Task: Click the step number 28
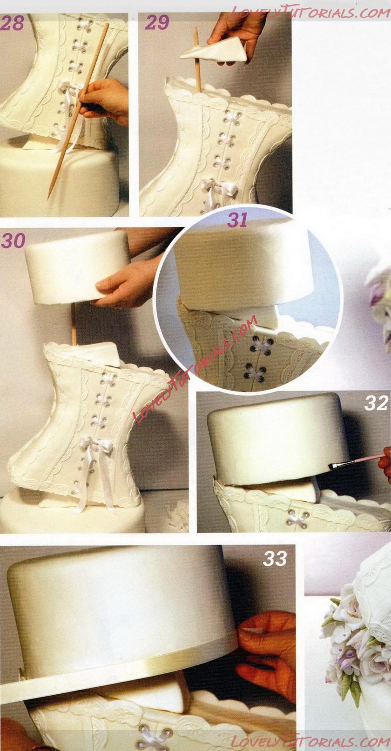coord(13,23)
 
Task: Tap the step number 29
coord(157,22)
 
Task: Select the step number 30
coord(13,240)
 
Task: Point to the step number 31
coord(237,220)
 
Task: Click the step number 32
coord(376,403)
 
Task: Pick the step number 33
coord(275,558)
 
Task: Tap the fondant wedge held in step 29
coord(215,50)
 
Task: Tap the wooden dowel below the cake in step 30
coord(74,324)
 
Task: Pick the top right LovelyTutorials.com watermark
coord(310,12)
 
